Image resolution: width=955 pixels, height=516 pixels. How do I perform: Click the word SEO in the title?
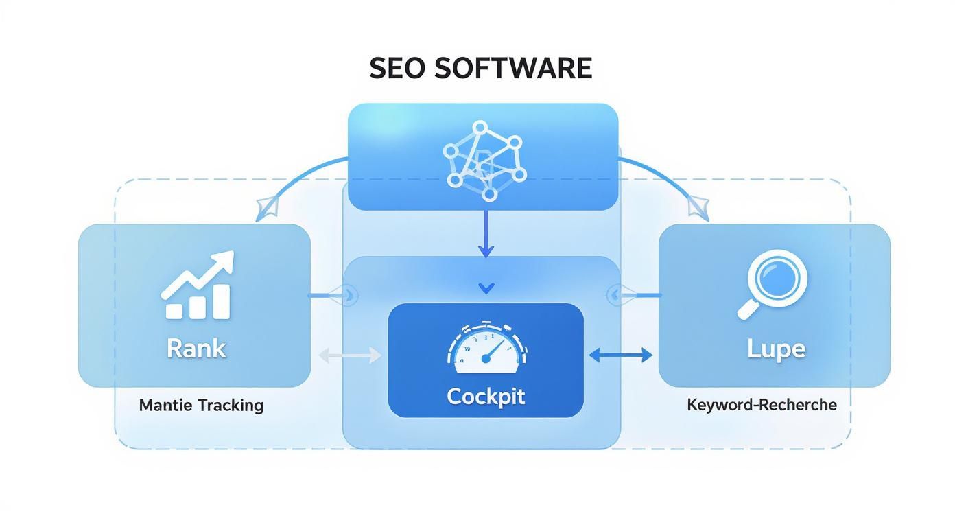click(x=397, y=69)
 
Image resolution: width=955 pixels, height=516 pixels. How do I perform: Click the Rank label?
click(x=196, y=349)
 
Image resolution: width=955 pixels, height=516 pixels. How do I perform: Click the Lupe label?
click(x=775, y=349)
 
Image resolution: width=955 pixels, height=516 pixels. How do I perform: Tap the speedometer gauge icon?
click(x=486, y=347)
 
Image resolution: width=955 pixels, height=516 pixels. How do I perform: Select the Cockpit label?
click(x=486, y=396)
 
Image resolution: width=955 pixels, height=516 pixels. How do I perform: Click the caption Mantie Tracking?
click(x=201, y=405)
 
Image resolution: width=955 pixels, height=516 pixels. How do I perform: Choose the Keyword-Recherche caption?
click(x=762, y=405)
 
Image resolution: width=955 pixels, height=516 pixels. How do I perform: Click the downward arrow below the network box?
click(x=486, y=250)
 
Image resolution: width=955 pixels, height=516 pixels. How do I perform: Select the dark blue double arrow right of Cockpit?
click(x=620, y=355)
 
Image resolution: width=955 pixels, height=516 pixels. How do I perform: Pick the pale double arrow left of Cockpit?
click(x=350, y=355)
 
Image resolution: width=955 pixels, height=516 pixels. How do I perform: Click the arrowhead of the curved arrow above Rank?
click(x=264, y=207)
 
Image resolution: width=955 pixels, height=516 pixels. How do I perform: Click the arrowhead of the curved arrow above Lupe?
click(x=700, y=207)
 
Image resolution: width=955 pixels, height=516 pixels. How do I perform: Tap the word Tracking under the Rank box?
click(x=231, y=405)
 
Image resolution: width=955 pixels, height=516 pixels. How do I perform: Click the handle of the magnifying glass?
click(x=746, y=311)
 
